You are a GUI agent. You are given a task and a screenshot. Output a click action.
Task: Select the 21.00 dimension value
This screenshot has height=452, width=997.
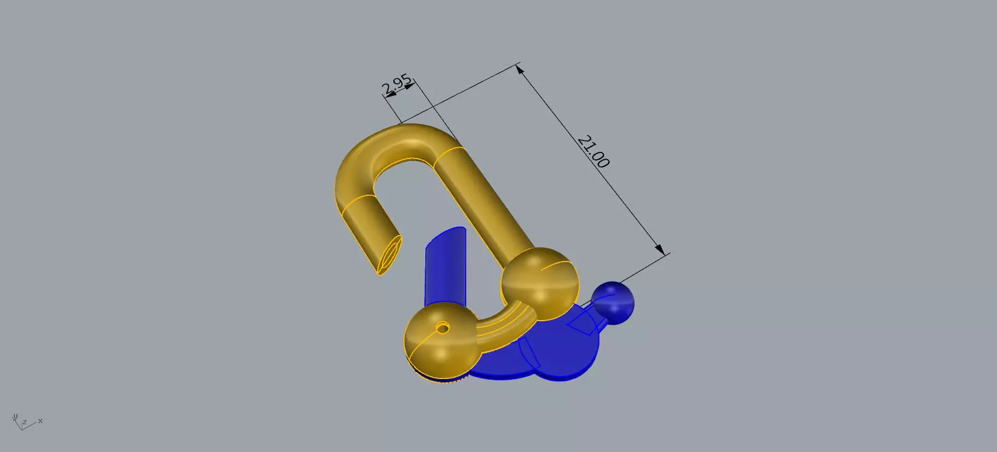tap(593, 151)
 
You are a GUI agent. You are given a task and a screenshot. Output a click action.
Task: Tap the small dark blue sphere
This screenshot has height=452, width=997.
tap(613, 301)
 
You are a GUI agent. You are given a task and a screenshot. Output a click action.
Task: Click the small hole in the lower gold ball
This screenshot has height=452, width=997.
tap(443, 328)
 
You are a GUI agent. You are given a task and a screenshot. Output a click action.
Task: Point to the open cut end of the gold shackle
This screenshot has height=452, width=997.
tap(390, 254)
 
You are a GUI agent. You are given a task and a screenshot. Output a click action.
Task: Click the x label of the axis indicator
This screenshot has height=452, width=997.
tap(40, 421)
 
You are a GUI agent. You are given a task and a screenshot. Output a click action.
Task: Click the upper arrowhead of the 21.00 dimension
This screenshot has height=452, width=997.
tap(521, 70)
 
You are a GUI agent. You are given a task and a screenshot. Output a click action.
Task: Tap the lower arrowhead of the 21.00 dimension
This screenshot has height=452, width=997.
tap(661, 249)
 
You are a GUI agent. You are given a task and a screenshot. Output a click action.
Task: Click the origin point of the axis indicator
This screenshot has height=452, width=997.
tap(20, 427)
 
